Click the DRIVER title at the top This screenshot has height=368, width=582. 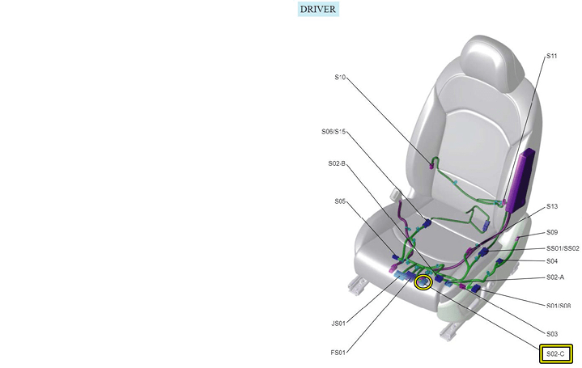318,9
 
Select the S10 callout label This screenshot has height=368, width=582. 340,77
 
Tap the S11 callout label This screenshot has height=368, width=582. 551,56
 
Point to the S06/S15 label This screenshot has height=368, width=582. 333,132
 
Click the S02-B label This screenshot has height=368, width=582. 337,163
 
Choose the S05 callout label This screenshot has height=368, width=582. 340,201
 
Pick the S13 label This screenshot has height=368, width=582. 552,206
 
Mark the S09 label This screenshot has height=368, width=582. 552,232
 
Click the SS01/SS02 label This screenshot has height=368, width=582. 563,248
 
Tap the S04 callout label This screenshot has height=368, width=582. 552,261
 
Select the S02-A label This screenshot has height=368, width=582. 555,277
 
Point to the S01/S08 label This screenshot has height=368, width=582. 559,306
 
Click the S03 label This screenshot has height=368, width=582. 552,334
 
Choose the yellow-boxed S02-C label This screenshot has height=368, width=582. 555,354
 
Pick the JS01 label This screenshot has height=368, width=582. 338,324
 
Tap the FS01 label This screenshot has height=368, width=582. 338,353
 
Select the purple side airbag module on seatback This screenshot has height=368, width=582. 520,180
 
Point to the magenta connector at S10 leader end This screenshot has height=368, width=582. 431,166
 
